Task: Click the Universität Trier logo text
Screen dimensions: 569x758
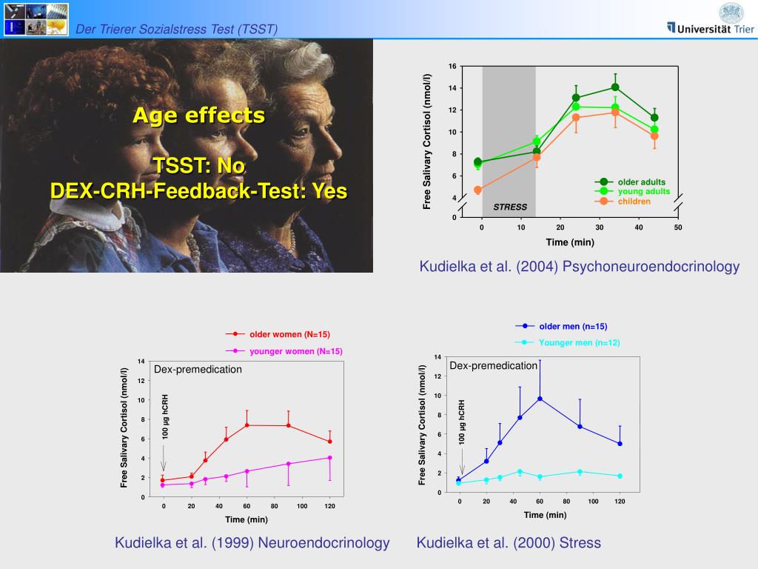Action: click(714, 28)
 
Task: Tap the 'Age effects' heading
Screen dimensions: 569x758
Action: click(198, 116)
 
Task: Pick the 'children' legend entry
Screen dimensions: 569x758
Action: click(634, 202)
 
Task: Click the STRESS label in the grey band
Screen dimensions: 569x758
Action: click(510, 207)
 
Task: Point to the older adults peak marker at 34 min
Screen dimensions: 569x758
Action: click(615, 87)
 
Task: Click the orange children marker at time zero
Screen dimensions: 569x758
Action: click(477, 190)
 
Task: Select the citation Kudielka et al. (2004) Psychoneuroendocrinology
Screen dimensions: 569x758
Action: click(579, 267)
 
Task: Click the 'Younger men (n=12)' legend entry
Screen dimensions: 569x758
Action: click(579, 342)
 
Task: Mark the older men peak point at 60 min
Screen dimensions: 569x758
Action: click(540, 399)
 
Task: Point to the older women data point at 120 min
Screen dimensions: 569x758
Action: click(330, 442)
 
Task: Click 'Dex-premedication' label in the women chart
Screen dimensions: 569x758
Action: click(198, 369)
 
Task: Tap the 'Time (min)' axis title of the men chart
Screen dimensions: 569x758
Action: click(545, 515)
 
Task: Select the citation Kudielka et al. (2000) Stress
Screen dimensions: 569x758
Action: click(509, 543)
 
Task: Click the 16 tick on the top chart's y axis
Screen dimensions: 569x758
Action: click(452, 67)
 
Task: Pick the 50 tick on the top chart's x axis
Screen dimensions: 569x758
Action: click(677, 227)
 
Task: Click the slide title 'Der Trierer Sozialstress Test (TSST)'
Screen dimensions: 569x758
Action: click(177, 29)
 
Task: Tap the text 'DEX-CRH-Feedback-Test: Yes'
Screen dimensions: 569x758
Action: click(198, 191)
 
